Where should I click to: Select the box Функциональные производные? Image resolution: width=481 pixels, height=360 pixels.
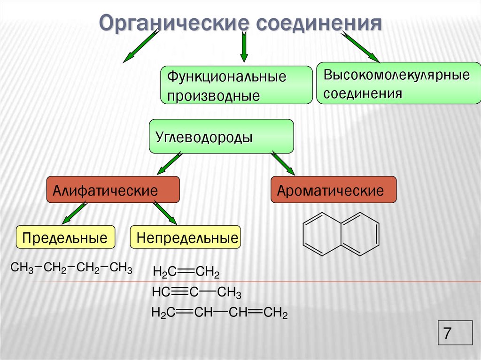[236, 85]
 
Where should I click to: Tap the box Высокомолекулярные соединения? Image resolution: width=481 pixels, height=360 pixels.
[399, 83]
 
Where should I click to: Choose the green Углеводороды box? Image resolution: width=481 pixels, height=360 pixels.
[221, 136]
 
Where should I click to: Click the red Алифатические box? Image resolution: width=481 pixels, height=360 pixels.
[113, 190]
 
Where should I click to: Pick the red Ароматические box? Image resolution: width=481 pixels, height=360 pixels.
[334, 190]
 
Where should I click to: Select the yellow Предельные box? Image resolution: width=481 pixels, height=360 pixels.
[66, 237]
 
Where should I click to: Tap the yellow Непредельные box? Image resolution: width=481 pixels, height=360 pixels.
[186, 237]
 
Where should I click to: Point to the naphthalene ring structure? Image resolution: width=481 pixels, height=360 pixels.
[341, 234]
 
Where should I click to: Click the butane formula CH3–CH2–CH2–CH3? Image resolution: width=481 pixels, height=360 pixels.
[71, 268]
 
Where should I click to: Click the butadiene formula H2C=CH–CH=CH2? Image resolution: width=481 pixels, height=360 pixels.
[219, 313]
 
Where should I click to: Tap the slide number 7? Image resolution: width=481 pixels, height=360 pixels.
[447, 334]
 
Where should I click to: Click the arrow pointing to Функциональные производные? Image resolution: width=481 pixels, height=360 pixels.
[244, 47]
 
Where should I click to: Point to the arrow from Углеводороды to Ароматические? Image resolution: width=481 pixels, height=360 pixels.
[283, 163]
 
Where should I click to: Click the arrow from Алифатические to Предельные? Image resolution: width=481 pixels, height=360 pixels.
[74, 212]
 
